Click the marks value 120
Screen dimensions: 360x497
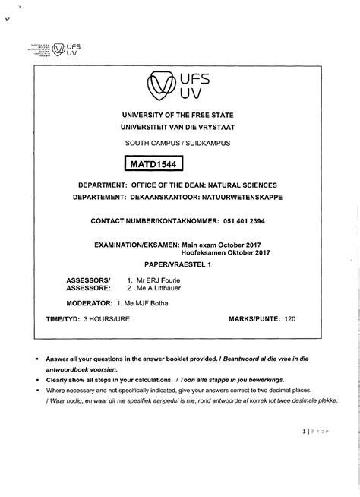coord(289,319)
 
